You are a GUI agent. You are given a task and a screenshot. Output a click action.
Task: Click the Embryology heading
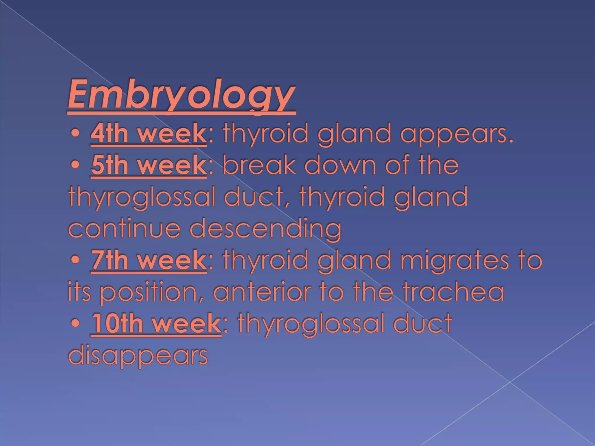182,94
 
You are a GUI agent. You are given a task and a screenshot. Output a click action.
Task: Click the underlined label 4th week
148,134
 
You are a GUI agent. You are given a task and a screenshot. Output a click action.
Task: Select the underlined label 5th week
148,165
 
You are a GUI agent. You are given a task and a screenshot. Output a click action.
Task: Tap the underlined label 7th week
148,260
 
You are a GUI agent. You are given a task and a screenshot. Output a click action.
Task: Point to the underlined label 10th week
156,323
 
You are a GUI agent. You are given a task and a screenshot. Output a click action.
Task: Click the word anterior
262,292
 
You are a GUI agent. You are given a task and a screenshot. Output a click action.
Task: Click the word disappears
138,356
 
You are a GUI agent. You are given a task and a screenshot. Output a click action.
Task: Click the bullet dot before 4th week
75,134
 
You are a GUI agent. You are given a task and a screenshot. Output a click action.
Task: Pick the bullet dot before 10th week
75,324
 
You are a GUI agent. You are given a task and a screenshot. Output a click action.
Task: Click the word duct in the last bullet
423,323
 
